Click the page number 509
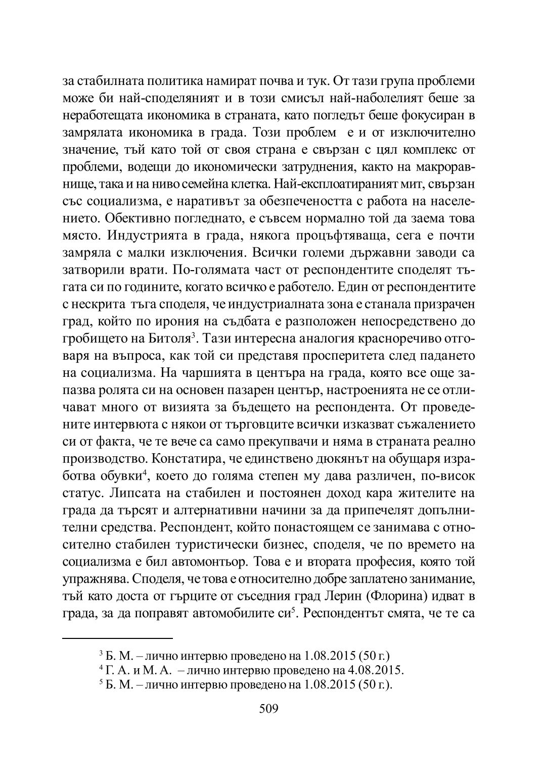tap(268, 708)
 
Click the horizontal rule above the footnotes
tap(117, 638)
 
